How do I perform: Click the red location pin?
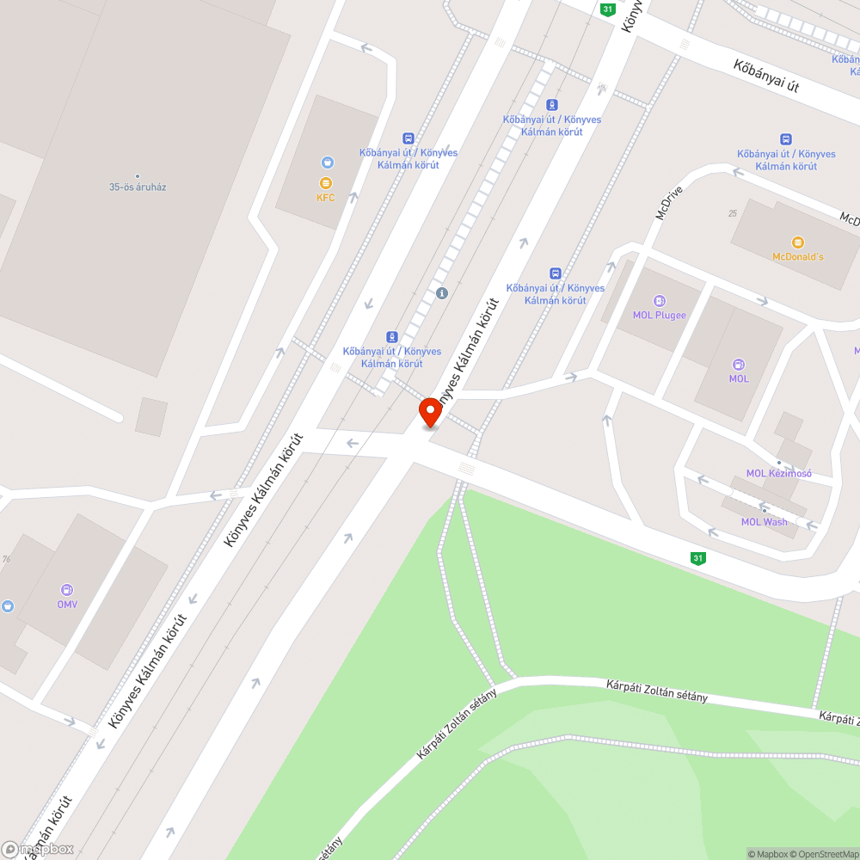click(x=430, y=412)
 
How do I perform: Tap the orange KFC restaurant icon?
click(x=325, y=182)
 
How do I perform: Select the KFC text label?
click(x=325, y=198)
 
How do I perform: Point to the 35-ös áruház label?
click(x=138, y=187)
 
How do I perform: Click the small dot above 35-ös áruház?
click(x=138, y=176)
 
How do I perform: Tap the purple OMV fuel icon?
click(x=66, y=590)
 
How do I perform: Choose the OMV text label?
click(x=67, y=605)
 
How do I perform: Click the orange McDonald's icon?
click(x=797, y=242)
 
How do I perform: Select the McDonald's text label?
click(x=797, y=257)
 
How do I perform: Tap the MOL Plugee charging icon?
click(x=660, y=300)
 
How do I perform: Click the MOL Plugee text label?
click(x=660, y=315)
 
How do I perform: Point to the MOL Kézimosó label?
click(x=778, y=473)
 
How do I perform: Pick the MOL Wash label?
click(x=764, y=522)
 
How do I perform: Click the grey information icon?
click(x=442, y=293)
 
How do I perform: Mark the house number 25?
click(x=733, y=213)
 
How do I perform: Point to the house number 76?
click(x=6, y=559)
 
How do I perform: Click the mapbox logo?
click(x=38, y=849)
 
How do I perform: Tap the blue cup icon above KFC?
click(x=326, y=162)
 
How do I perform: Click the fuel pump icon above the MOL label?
click(x=739, y=364)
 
